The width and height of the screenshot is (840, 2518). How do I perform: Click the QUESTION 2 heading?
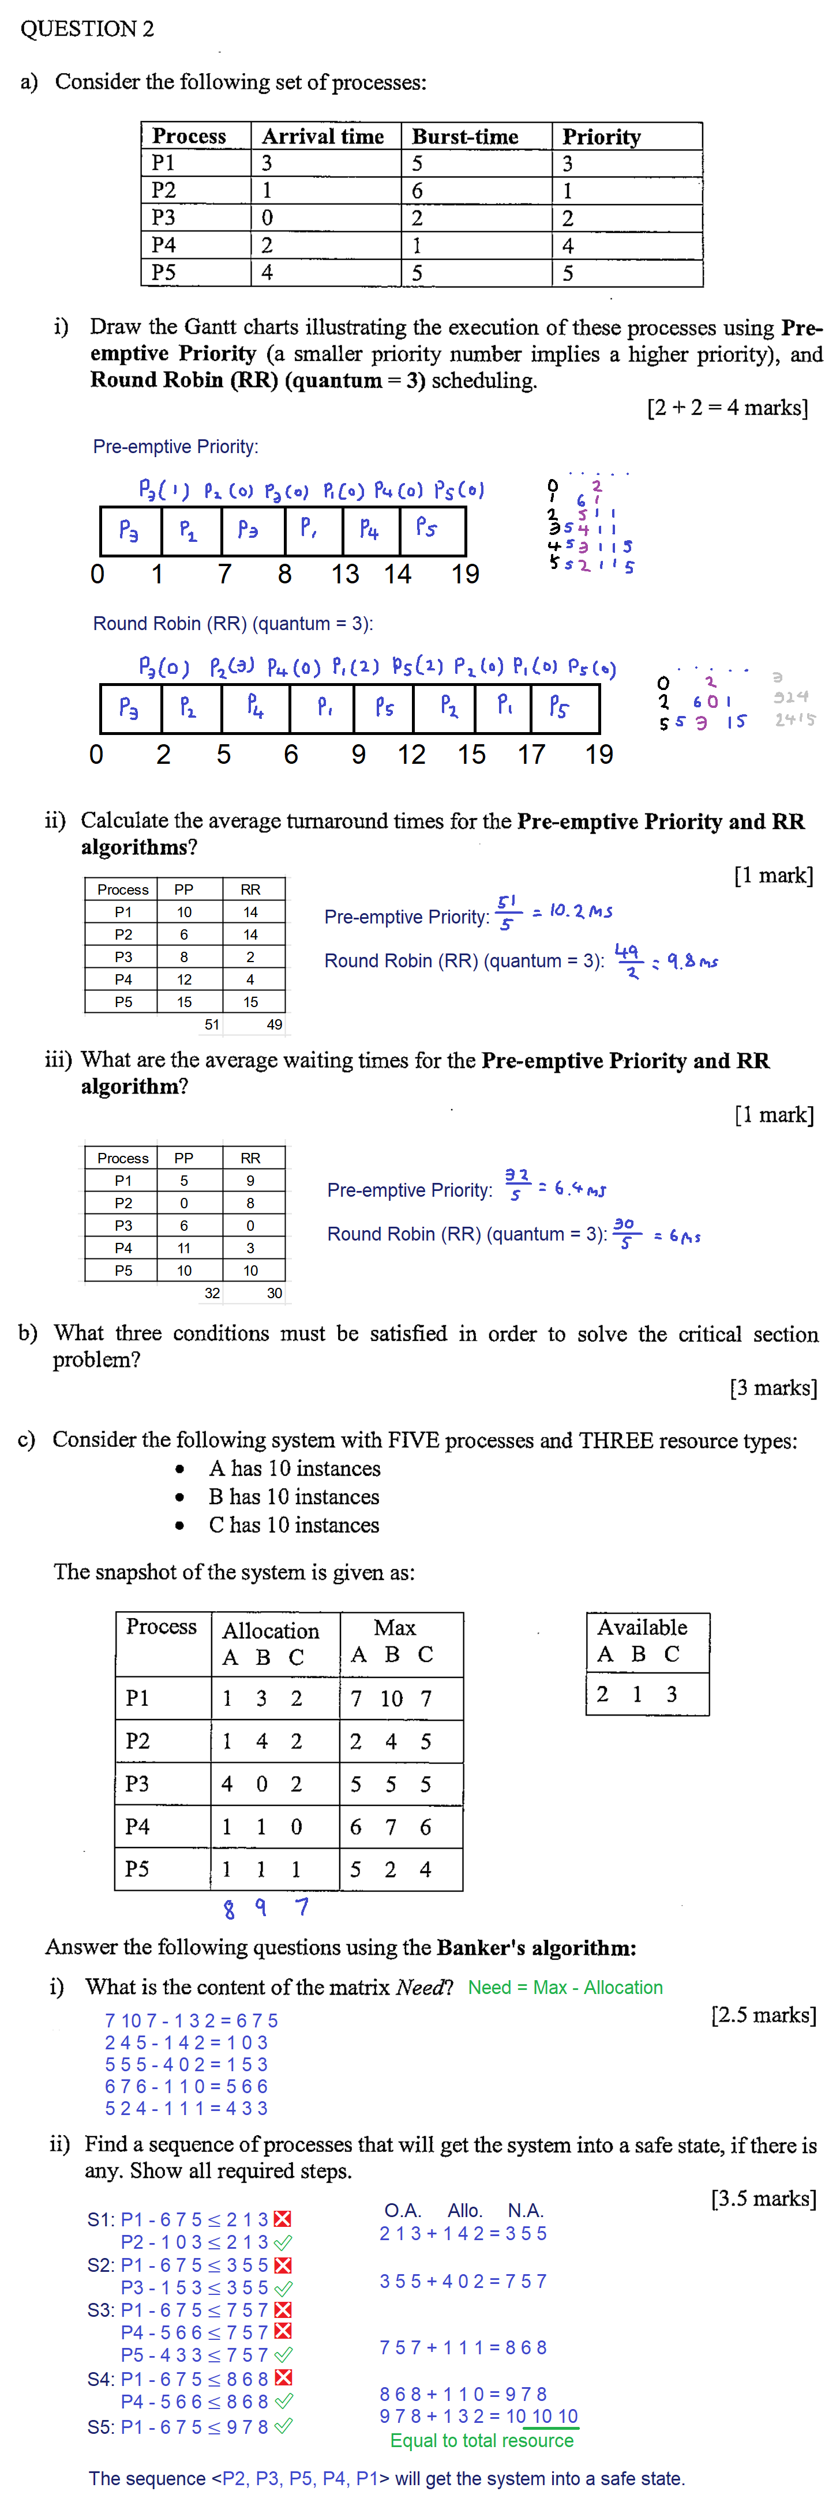(x=87, y=28)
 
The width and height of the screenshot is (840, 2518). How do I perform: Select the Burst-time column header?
(x=464, y=137)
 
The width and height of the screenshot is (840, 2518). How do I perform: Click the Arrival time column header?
(x=322, y=137)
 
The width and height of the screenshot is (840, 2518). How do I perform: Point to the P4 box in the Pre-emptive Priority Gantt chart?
(x=370, y=530)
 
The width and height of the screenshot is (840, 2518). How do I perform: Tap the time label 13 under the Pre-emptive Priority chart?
(x=345, y=574)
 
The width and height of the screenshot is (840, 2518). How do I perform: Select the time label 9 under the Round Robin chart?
(x=359, y=755)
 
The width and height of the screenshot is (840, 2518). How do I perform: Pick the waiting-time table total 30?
(x=275, y=1293)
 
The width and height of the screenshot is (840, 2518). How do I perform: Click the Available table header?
(x=643, y=1627)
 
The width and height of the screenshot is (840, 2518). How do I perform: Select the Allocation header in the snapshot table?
(x=271, y=1630)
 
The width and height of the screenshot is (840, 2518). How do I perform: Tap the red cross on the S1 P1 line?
(x=283, y=2219)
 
